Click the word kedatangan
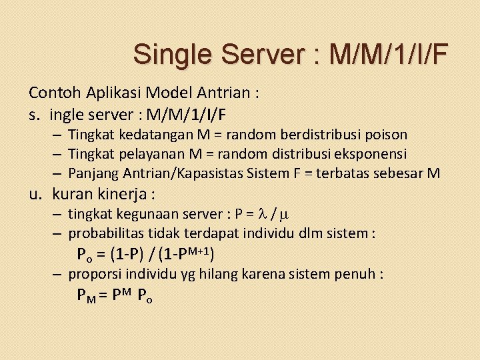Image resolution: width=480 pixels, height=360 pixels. pos(145,135)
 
